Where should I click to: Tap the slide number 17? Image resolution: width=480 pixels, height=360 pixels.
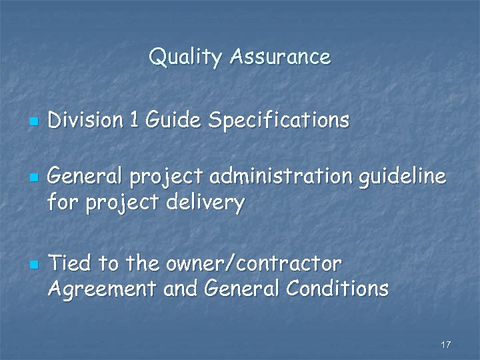pyautogui.click(x=446, y=345)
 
